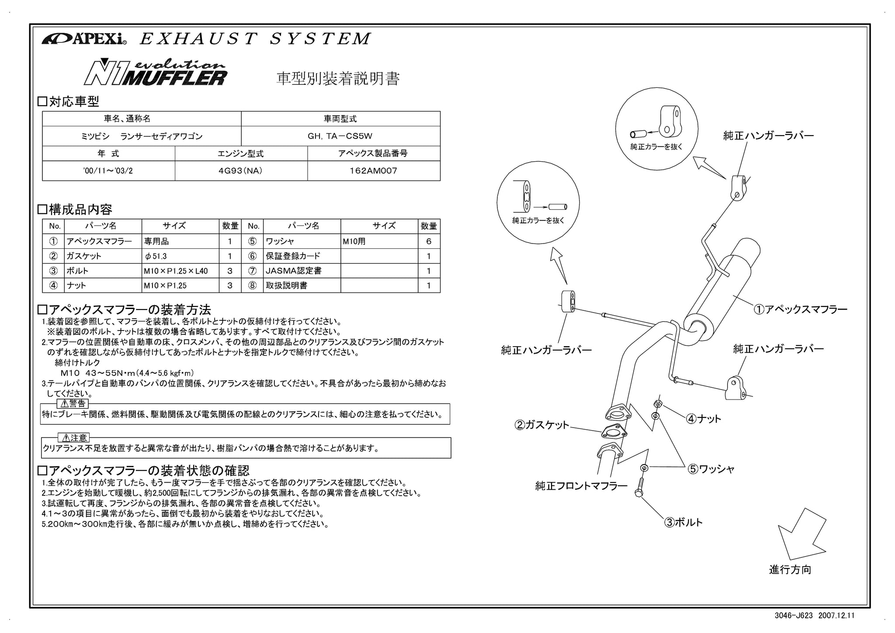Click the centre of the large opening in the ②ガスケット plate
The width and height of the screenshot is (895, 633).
[x=614, y=432]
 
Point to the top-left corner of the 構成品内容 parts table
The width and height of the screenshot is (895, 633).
[x=42, y=219]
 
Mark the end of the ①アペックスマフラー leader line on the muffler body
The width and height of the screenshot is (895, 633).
[x=734, y=296]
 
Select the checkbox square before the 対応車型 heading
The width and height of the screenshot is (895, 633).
[x=42, y=102]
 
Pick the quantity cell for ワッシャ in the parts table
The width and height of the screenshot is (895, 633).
[x=429, y=241]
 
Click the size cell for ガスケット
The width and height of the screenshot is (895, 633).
[x=180, y=256]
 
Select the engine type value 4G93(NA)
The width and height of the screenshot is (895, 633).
[x=240, y=171]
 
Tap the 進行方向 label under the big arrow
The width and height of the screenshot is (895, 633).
[x=790, y=570]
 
